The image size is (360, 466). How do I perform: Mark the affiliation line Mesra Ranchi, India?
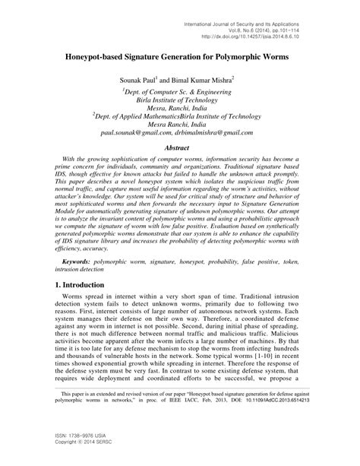pyautogui.click(x=180, y=122)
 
